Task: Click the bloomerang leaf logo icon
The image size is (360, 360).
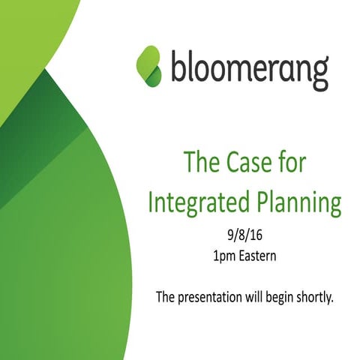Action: coord(150,64)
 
